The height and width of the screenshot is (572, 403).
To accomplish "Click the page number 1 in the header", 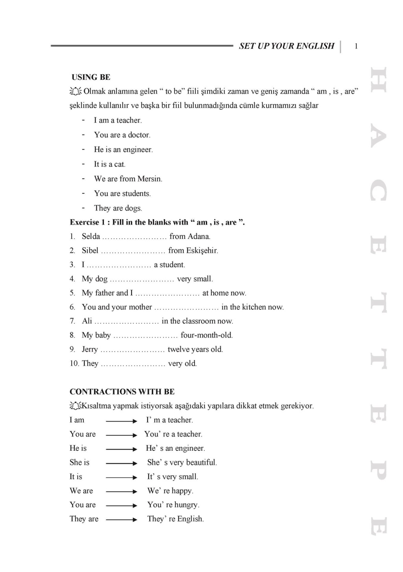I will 356,46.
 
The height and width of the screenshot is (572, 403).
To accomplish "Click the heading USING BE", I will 91,77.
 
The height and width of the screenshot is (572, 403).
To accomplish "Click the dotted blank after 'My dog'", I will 142,280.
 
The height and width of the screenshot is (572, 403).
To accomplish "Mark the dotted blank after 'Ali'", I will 126,322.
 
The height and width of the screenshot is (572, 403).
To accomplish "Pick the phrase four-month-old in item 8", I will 206,335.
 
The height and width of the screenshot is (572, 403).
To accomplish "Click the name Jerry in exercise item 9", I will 90,350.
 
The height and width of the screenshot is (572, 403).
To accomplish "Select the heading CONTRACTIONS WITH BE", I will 122,392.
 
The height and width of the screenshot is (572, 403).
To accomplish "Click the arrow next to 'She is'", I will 121,463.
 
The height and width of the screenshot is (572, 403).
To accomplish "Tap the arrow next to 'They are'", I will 121,520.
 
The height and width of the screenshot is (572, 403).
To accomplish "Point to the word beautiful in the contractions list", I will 201,463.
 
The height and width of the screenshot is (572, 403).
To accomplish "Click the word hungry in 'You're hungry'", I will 187,505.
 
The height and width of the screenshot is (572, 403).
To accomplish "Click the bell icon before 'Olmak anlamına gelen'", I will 76,91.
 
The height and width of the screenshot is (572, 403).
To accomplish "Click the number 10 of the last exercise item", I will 74,364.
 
